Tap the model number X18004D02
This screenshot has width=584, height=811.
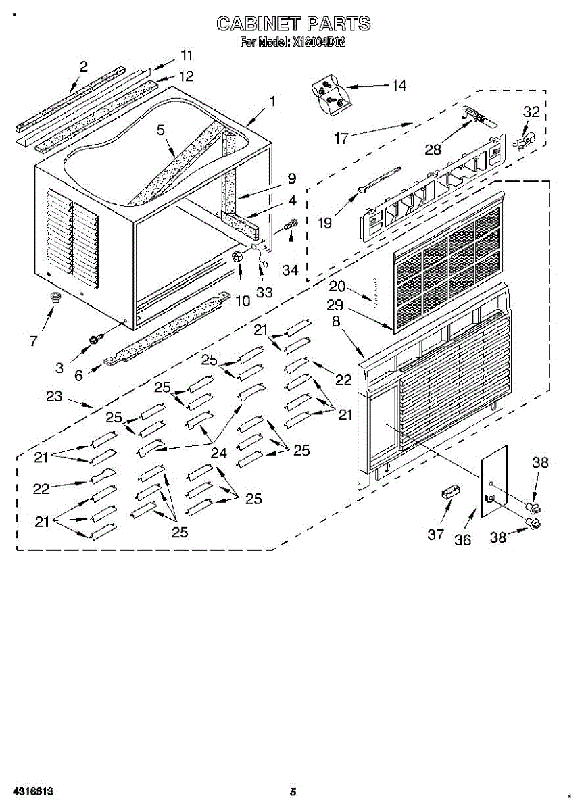[x=318, y=42]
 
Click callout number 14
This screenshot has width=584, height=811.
[x=399, y=85]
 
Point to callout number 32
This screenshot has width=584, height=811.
[x=532, y=112]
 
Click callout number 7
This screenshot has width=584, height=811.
[x=34, y=341]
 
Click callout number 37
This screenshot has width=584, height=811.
[x=436, y=534]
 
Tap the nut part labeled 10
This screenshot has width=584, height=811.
[x=239, y=257]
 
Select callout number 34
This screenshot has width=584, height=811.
[x=290, y=270]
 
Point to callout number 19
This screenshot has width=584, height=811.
[x=324, y=222]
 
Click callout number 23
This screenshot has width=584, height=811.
[x=54, y=397]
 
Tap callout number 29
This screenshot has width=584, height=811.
[x=337, y=305]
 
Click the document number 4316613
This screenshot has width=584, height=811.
[x=32, y=791]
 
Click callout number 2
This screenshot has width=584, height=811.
[x=83, y=66]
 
